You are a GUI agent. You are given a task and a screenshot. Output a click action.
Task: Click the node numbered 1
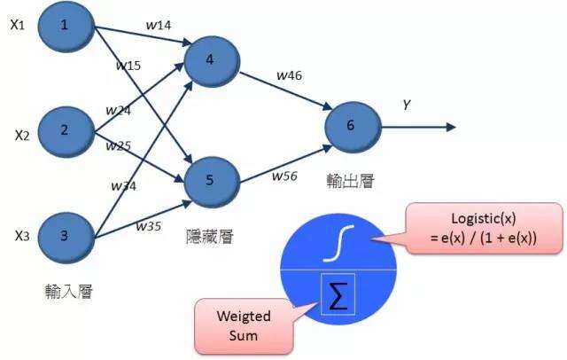(65, 27)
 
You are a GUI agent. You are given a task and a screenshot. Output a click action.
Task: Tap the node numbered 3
(65, 236)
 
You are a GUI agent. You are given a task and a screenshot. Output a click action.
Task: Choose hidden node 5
(209, 177)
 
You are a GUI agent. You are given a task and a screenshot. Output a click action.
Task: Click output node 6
(351, 125)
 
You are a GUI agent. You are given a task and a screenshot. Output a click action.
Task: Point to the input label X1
(17, 25)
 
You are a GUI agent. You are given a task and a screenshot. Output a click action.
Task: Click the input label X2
(22, 135)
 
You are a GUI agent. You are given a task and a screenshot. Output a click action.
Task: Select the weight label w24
(118, 111)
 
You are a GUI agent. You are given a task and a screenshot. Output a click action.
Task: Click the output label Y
(407, 105)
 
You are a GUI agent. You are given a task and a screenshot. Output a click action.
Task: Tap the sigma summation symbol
(338, 296)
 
